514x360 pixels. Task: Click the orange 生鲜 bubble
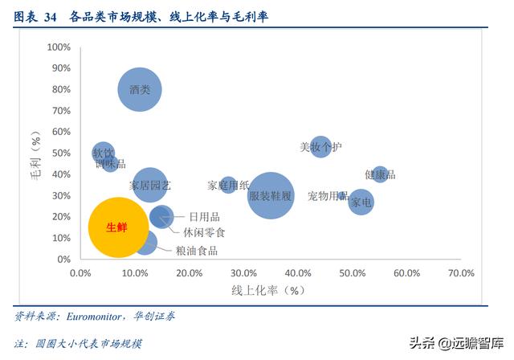[118, 227]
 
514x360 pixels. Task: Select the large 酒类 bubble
[141, 90]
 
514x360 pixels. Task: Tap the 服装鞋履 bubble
[270, 195]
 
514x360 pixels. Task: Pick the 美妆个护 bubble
[320, 147]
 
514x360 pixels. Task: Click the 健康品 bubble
[380, 174]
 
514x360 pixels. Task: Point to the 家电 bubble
[361, 202]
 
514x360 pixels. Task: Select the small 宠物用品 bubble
[343, 195]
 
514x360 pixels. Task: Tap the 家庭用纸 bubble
[229, 185]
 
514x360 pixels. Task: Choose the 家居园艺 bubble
[150, 185]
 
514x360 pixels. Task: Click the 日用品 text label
[204, 216]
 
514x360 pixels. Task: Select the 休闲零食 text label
[204, 232]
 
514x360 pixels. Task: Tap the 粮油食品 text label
[196, 250]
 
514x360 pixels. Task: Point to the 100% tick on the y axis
[60, 47]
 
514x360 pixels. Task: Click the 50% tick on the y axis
[63, 153]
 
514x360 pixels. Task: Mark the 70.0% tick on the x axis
[461, 273]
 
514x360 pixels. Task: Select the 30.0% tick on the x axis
[244, 273]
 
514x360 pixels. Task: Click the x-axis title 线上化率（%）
[269, 290]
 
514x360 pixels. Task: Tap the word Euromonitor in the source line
[106, 316]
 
